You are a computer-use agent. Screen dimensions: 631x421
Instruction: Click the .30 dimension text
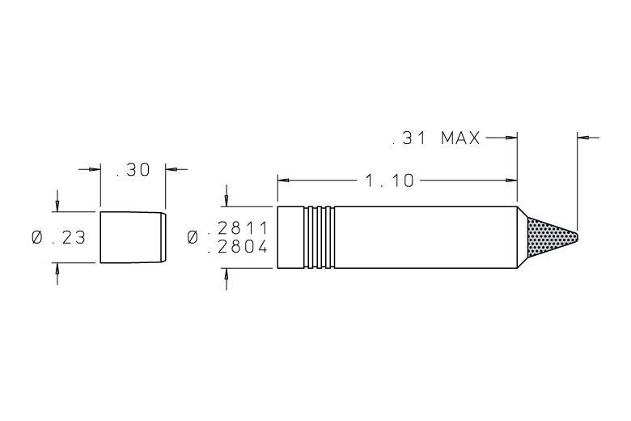(133, 169)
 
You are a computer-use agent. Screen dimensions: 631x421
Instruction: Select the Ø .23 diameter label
(59, 237)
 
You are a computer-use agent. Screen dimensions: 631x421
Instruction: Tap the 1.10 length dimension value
(389, 181)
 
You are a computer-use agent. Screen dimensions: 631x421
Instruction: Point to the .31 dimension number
(409, 138)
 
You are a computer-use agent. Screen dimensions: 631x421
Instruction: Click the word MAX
(460, 138)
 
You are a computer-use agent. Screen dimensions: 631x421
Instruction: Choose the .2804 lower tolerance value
(237, 247)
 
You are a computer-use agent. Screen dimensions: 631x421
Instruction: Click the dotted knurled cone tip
(552, 237)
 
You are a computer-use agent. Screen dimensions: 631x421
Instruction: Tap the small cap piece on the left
(133, 237)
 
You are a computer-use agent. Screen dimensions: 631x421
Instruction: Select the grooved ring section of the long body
(319, 237)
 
